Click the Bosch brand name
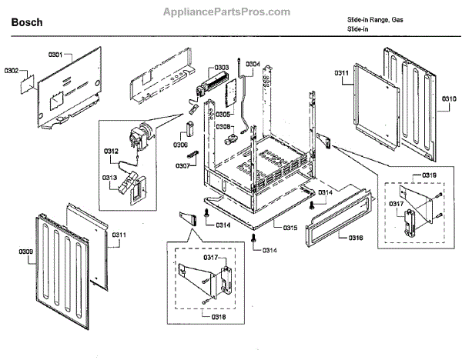27,22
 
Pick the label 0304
253,64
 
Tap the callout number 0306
180,144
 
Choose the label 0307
182,165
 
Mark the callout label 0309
26,251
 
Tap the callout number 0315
290,228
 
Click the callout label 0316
356,238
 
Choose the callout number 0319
429,175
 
